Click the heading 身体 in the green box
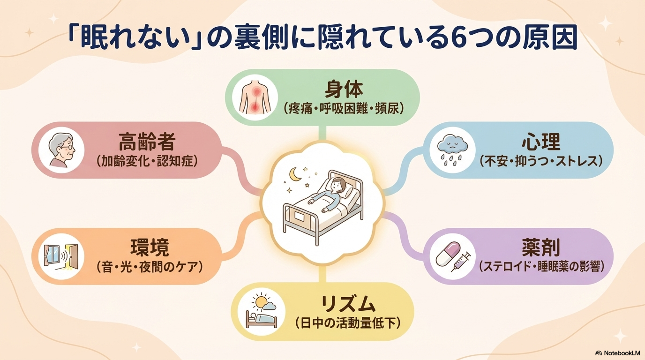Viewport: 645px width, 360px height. click(x=344, y=90)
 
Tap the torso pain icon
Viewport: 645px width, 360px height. click(x=255, y=97)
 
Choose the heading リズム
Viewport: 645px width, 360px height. click(x=348, y=305)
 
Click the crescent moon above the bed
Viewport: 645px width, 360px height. click(x=295, y=175)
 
